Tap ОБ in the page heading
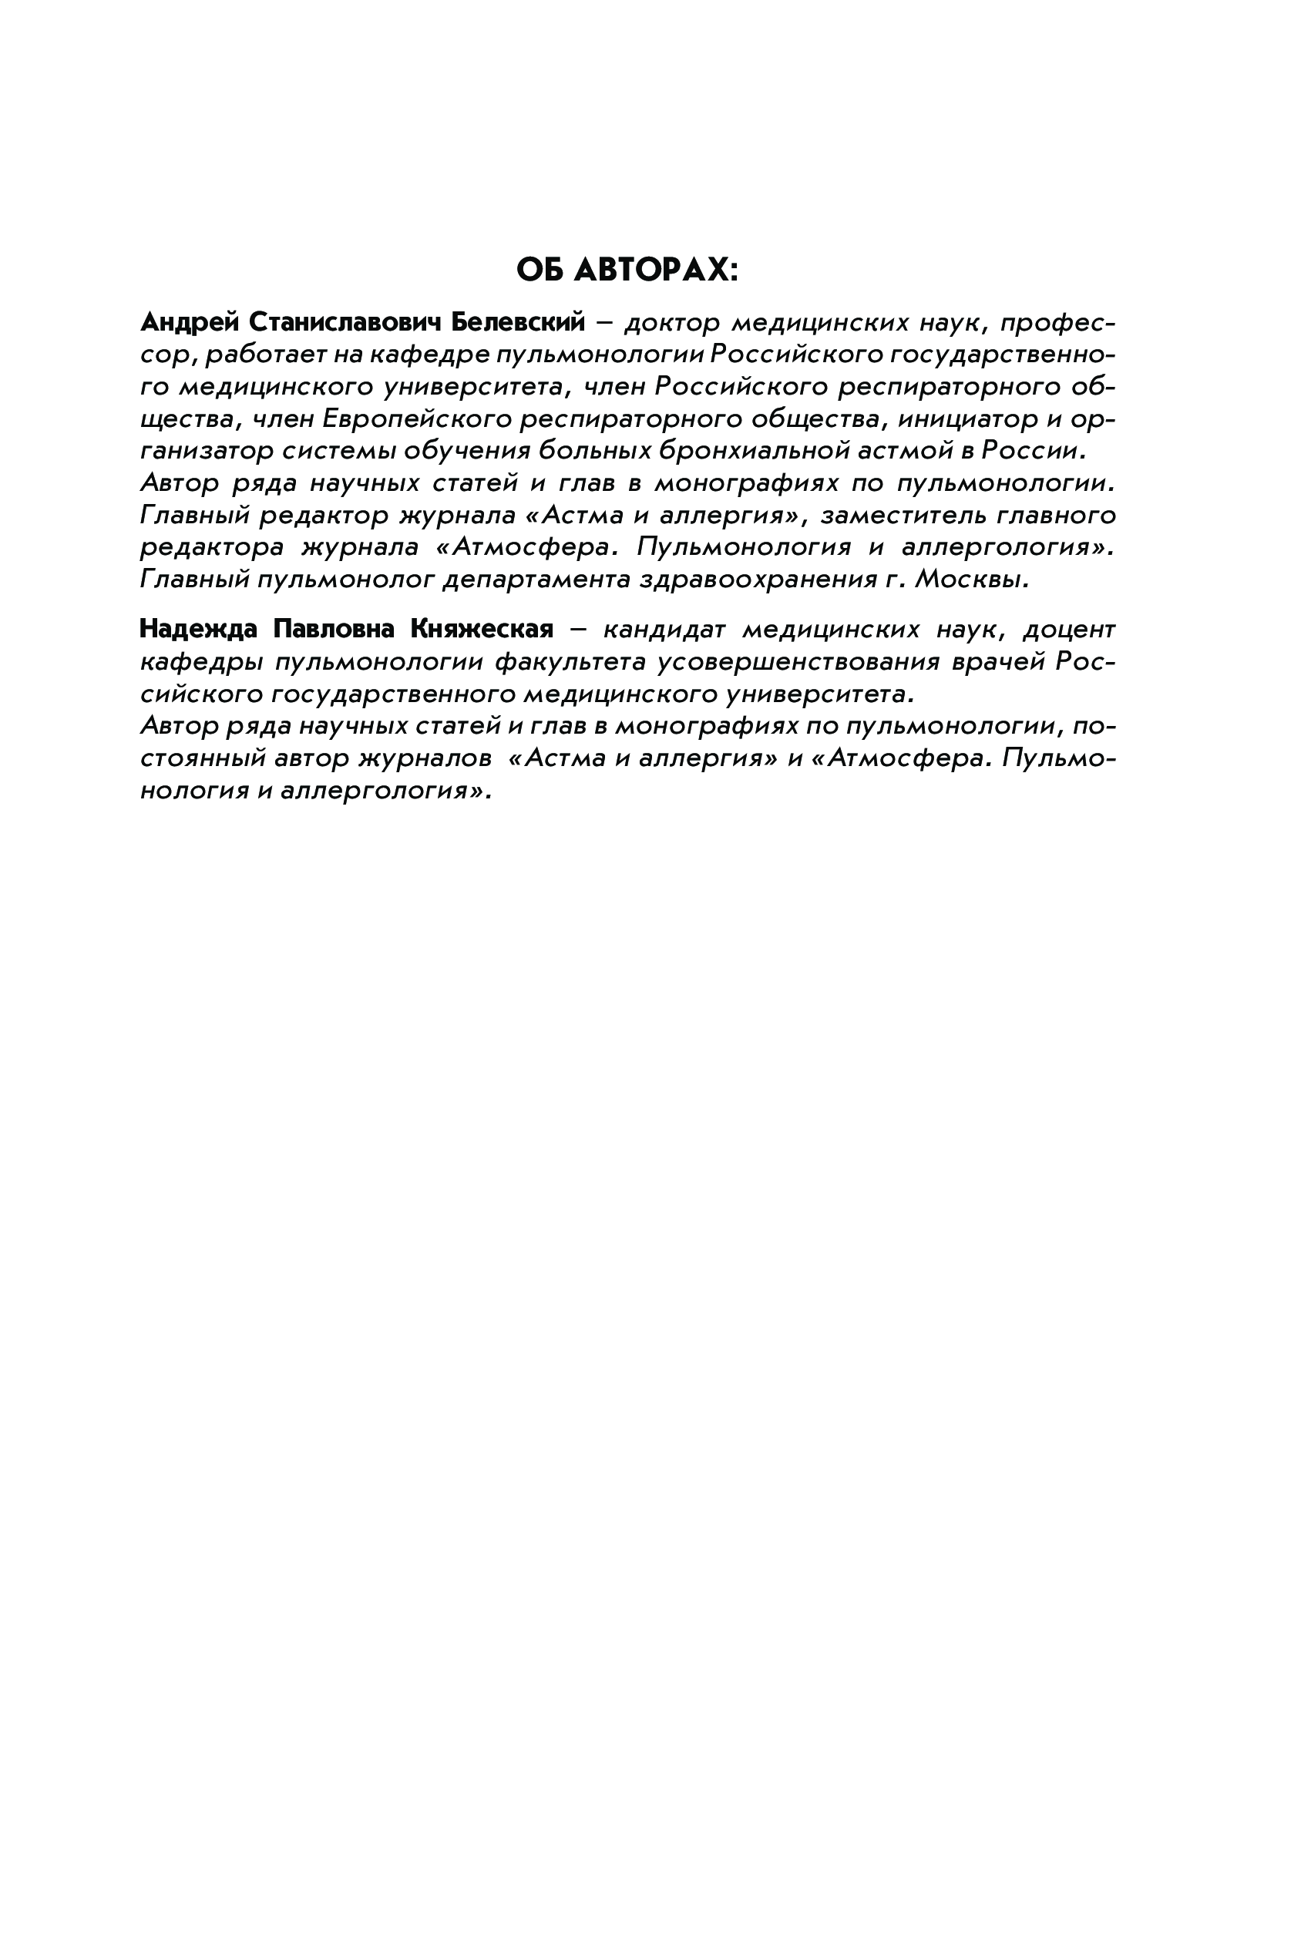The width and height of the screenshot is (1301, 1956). (541, 271)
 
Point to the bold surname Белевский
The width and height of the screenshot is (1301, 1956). (518, 322)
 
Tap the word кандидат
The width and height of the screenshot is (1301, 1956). (664, 630)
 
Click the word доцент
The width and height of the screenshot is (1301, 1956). (1069, 630)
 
